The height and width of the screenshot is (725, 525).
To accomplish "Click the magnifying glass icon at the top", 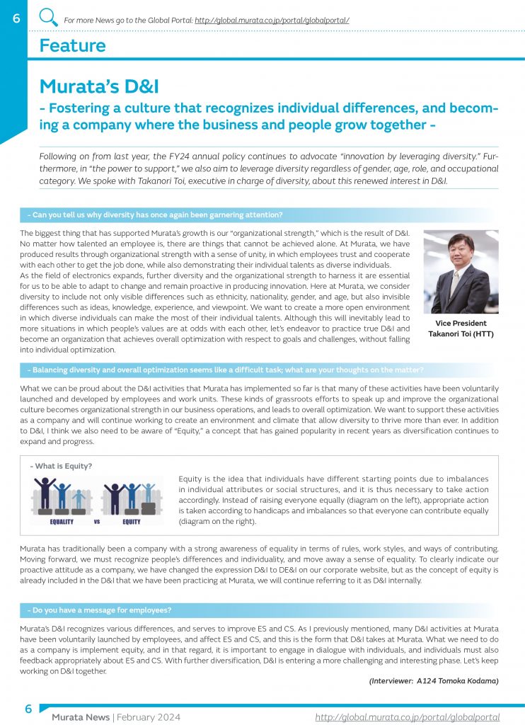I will pos(48,17).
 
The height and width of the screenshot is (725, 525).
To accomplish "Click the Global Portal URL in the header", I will pos(272,21).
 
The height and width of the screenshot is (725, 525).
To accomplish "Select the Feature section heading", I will pos(72,46).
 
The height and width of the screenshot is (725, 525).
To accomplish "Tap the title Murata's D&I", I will pos(99,86).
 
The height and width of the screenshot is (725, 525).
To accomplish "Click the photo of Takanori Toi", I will pos(461,271).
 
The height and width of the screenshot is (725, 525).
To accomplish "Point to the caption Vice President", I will pos(461,323).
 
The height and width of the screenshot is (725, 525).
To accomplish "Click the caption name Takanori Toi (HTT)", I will pos(461,333).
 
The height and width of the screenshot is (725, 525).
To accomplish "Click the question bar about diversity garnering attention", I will pos(156,215).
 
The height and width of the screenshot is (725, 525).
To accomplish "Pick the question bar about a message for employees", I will pos(100,610).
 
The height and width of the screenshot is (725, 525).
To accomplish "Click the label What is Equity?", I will pos(61,466).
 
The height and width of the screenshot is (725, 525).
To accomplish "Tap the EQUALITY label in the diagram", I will pos(62,523).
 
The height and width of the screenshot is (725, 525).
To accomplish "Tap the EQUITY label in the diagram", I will pos(131,523).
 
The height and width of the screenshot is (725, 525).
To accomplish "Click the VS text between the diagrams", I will pos(97,523).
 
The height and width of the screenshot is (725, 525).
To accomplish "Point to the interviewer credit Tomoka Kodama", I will pos(434,680).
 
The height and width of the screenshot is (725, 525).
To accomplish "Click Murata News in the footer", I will pos(80,717).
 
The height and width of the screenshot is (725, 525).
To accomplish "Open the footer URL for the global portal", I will pos(407,717).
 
